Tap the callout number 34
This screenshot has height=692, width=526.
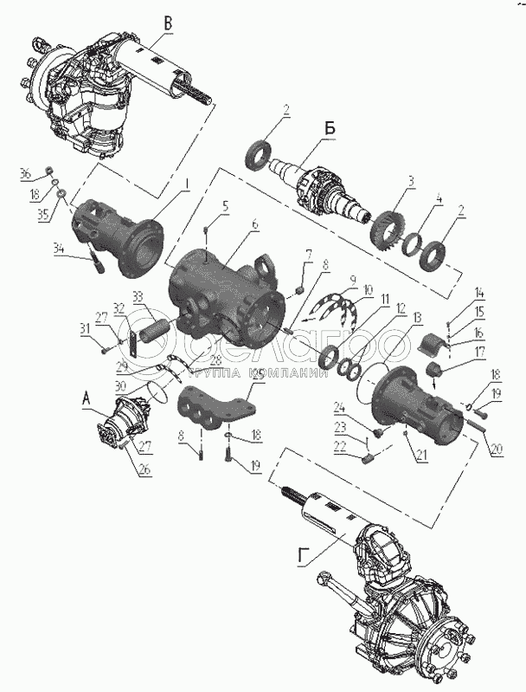(59, 249)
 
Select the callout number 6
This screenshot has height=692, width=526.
(255, 223)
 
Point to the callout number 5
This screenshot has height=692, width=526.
(225, 206)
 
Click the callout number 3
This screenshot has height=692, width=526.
(411, 180)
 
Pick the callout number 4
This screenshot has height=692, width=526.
(439, 199)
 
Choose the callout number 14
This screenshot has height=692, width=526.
(480, 294)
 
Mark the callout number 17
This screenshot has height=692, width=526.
(479, 352)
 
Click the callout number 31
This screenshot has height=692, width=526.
(85, 327)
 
